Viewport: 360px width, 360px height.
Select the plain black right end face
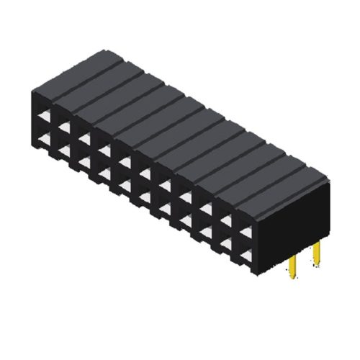295,216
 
